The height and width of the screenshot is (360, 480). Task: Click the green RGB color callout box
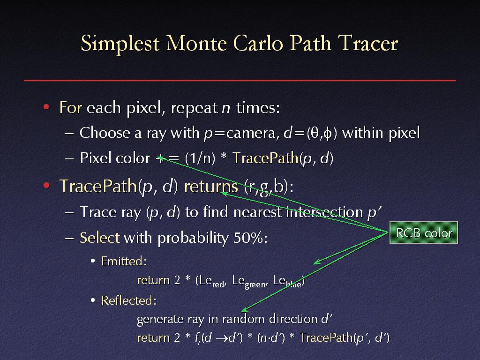click(x=424, y=232)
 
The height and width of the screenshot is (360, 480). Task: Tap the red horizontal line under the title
click(x=240, y=80)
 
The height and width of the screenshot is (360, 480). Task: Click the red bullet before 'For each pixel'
click(x=46, y=107)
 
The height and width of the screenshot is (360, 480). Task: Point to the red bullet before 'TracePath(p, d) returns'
click(x=46, y=186)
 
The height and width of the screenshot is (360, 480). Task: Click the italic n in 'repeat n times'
click(x=226, y=108)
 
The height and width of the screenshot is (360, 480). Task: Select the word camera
click(x=253, y=133)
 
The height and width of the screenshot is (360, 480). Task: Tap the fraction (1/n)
click(x=200, y=158)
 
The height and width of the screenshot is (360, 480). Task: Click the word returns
click(x=211, y=186)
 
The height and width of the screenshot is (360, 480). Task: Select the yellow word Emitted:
click(x=124, y=261)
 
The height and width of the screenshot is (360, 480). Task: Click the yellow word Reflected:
click(x=129, y=300)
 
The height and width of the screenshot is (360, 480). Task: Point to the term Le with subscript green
click(x=250, y=282)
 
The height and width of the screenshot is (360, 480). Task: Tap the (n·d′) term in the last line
click(x=271, y=337)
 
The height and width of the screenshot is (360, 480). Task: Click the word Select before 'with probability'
click(x=100, y=238)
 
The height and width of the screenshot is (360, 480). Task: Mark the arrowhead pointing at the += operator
click(x=160, y=158)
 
